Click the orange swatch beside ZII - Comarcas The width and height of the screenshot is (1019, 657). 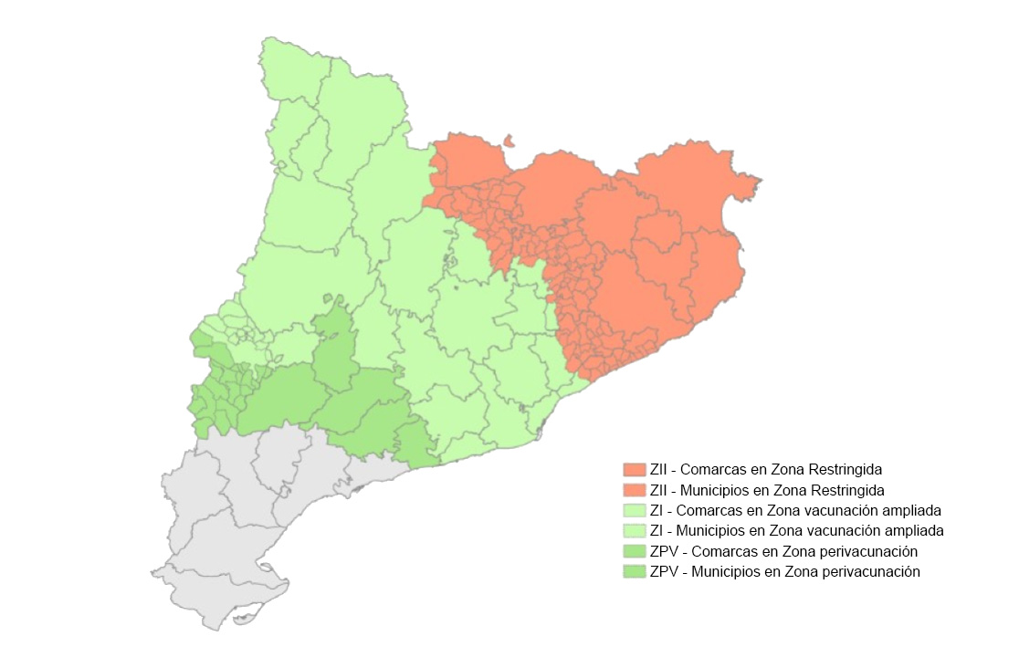[635, 469]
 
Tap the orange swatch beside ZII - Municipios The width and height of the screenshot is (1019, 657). [635, 490]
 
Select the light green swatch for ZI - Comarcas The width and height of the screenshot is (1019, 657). [635, 510]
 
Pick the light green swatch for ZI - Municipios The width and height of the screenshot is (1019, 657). [635, 530]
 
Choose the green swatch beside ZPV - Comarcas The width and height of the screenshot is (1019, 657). [635, 551]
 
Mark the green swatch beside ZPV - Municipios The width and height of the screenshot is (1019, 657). [635, 572]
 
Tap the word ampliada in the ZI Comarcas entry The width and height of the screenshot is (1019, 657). [914, 510]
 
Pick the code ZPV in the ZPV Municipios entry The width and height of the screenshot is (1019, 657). [663, 572]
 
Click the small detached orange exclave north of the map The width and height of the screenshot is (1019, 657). [509, 141]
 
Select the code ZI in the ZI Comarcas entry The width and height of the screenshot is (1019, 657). [657, 510]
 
